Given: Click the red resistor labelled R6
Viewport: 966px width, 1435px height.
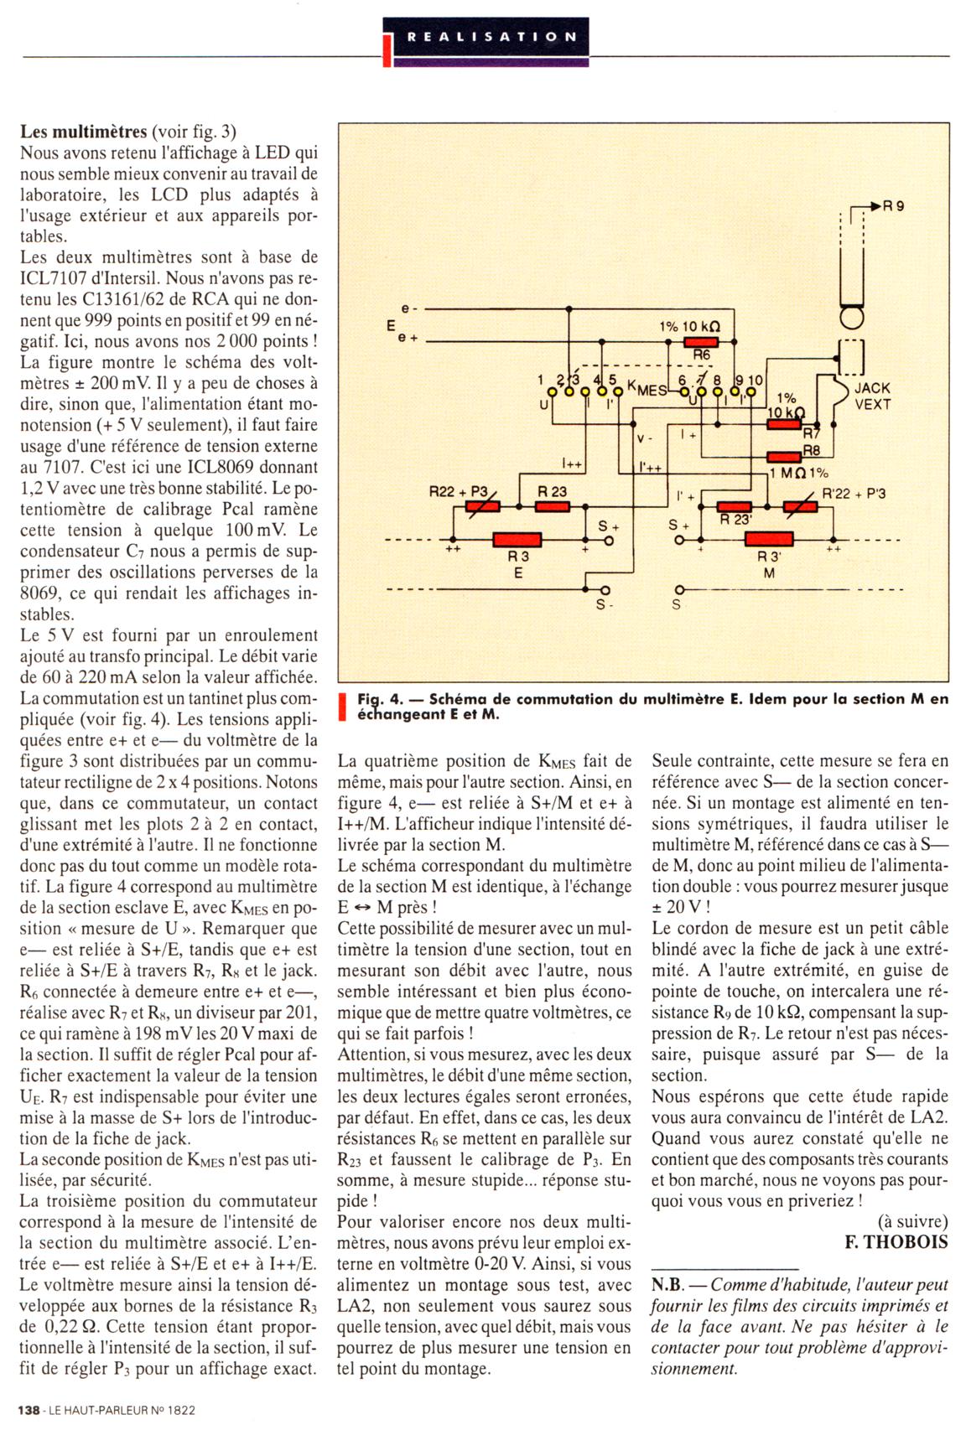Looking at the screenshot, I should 701,342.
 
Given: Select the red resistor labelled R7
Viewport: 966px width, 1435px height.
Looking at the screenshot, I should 784,424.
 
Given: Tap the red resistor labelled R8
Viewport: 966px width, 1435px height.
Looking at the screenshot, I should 784,458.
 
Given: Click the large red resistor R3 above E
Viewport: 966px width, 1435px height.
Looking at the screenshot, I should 517,540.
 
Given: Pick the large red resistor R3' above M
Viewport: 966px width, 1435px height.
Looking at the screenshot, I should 769,540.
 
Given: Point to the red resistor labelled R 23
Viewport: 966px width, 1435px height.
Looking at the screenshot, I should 553,506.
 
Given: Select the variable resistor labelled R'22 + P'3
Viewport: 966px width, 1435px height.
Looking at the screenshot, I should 802,506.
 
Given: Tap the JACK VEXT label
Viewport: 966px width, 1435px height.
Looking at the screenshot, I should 872,396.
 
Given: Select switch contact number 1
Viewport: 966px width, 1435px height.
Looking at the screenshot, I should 551,391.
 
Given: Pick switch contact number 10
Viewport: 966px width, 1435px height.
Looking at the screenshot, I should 753,391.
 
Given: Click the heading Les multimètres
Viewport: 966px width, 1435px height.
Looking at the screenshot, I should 82,132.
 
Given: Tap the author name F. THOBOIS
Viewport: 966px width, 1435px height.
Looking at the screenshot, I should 896,1241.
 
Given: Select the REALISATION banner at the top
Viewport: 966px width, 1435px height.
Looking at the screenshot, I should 491,38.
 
